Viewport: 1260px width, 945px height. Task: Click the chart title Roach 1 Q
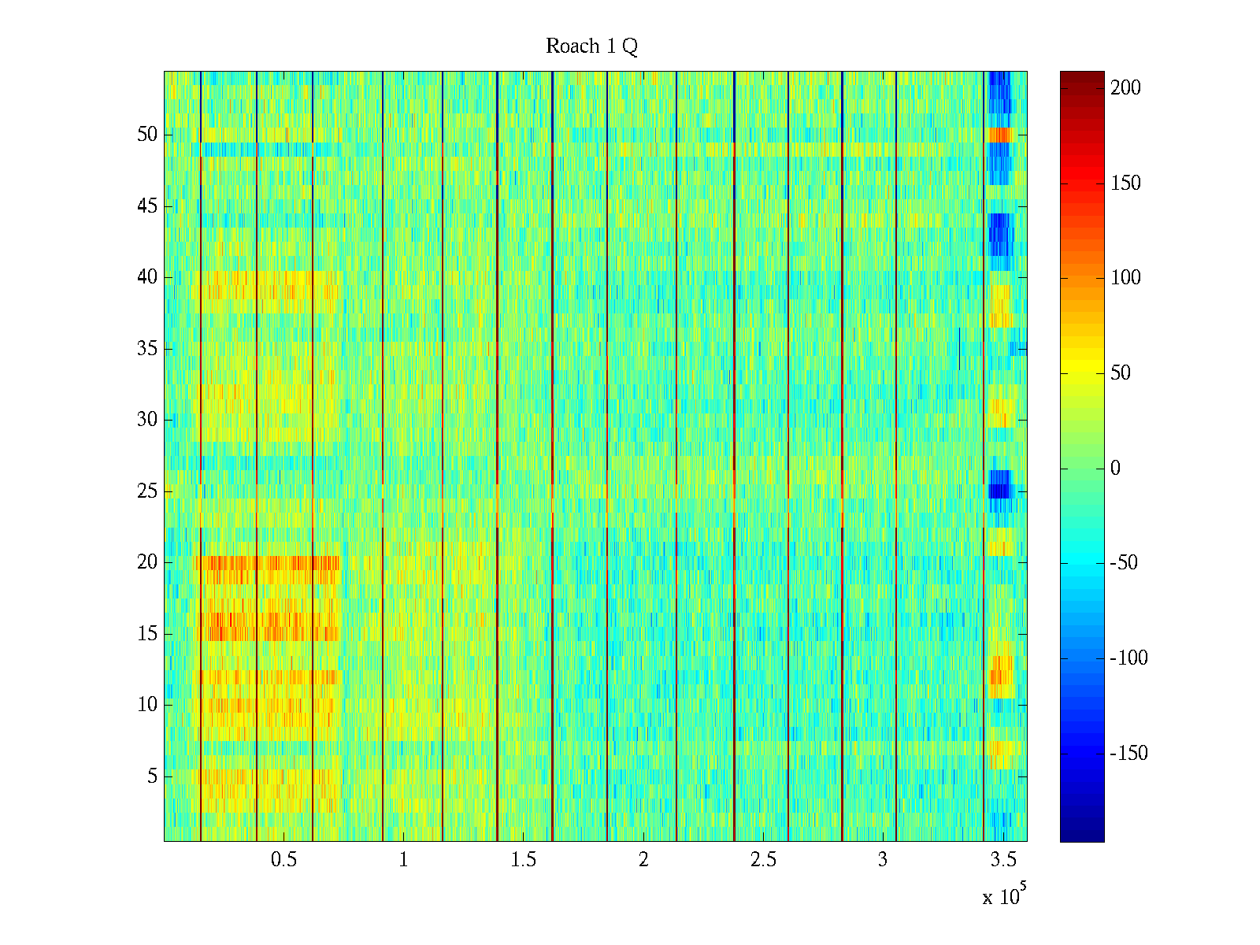[x=591, y=46]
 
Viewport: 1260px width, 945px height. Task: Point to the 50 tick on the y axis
[x=147, y=135]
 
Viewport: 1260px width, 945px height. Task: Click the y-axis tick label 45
[x=147, y=206]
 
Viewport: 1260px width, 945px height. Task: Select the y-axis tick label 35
[x=147, y=348]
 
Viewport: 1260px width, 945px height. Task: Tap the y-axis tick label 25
[x=147, y=491]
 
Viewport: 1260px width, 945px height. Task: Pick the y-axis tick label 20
[x=147, y=562]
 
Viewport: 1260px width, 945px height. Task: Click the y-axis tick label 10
[x=147, y=705]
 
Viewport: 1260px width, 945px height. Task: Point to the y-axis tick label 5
[x=152, y=776]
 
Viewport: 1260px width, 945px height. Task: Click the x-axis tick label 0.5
[x=283, y=860]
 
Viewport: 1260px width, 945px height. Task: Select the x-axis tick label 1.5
[x=524, y=860]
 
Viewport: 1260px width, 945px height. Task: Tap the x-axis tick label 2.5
[x=763, y=860]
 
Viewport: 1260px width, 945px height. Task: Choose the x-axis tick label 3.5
[x=1003, y=860]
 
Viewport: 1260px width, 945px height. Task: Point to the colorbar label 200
[x=1125, y=87]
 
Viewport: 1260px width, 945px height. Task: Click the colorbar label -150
[x=1128, y=754]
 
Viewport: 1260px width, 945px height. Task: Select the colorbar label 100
[x=1125, y=278]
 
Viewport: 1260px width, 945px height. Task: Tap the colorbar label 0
[x=1115, y=469]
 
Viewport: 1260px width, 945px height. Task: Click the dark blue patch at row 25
[x=999, y=484]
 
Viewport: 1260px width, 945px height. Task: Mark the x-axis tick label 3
[x=883, y=860]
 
